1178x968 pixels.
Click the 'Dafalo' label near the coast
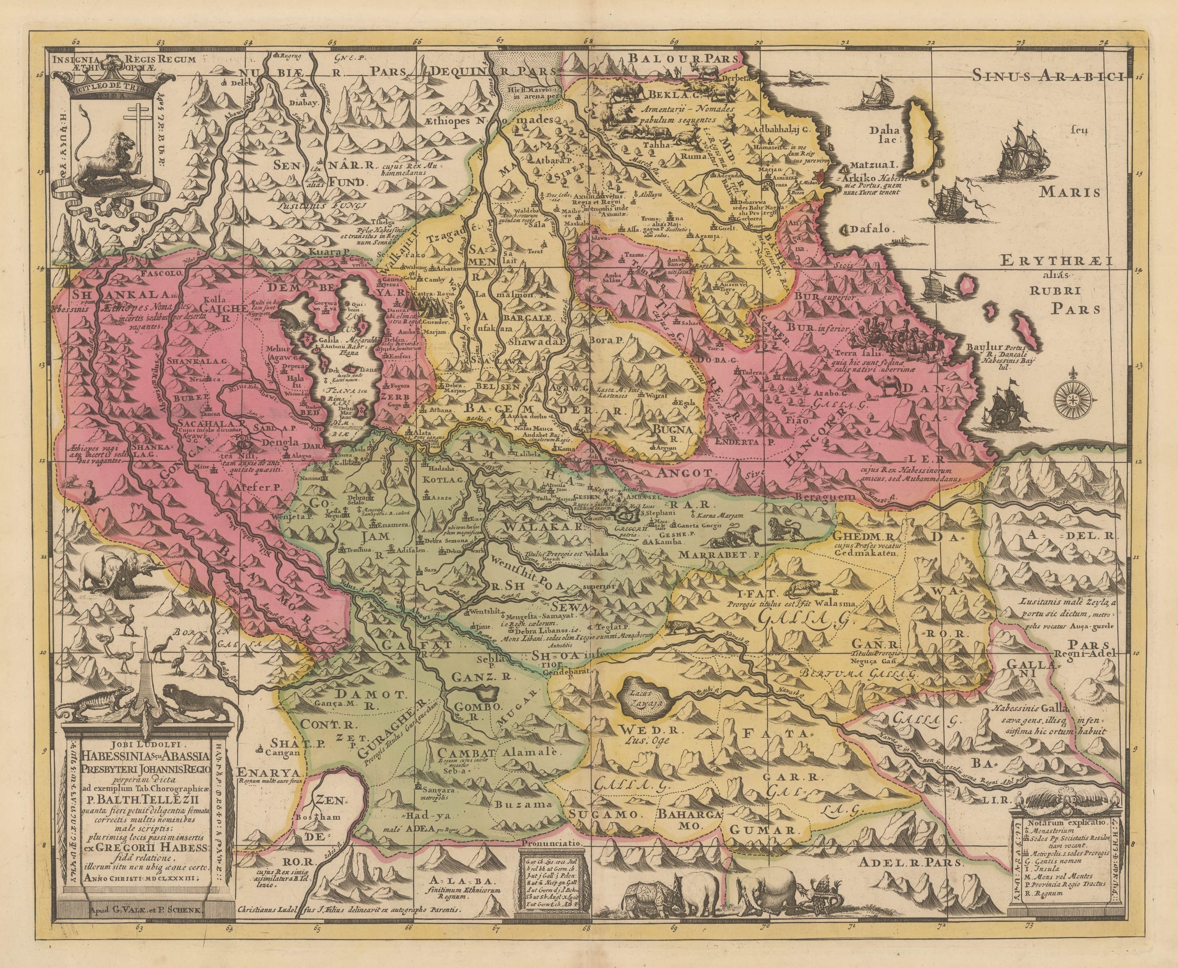pos(873,229)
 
